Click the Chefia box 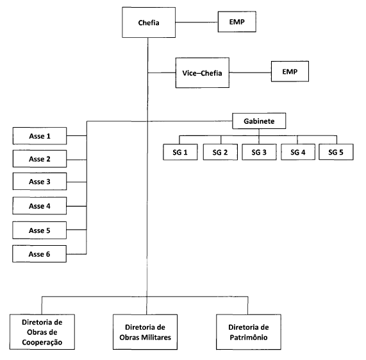coord(149,22)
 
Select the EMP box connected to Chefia coord(237,22)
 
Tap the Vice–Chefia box coord(203,73)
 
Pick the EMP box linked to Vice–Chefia coord(290,71)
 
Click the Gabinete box coord(259,121)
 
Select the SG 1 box coord(180,152)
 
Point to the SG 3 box coord(259,152)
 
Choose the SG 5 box coord(336,152)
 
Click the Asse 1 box coord(40,136)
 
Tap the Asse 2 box coord(40,159)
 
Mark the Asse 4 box coord(40,206)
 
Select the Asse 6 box coord(40,253)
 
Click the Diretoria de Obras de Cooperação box coord(42,332)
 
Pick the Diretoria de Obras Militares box coord(146,332)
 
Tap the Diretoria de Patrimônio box coord(249,332)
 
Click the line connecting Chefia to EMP coord(197,22)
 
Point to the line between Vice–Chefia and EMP coord(250,73)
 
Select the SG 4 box coord(298,152)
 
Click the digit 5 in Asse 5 coord(48,230)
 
